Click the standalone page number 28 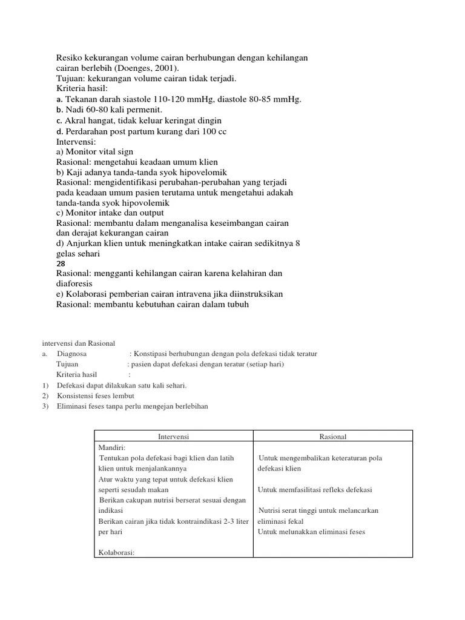(x=61, y=264)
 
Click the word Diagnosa (x=72, y=354)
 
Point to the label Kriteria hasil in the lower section (x=77, y=375)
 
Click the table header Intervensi (x=173, y=437)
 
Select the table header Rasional (x=332, y=437)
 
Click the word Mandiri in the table (x=111, y=447)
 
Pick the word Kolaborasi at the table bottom (x=115, y=552)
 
